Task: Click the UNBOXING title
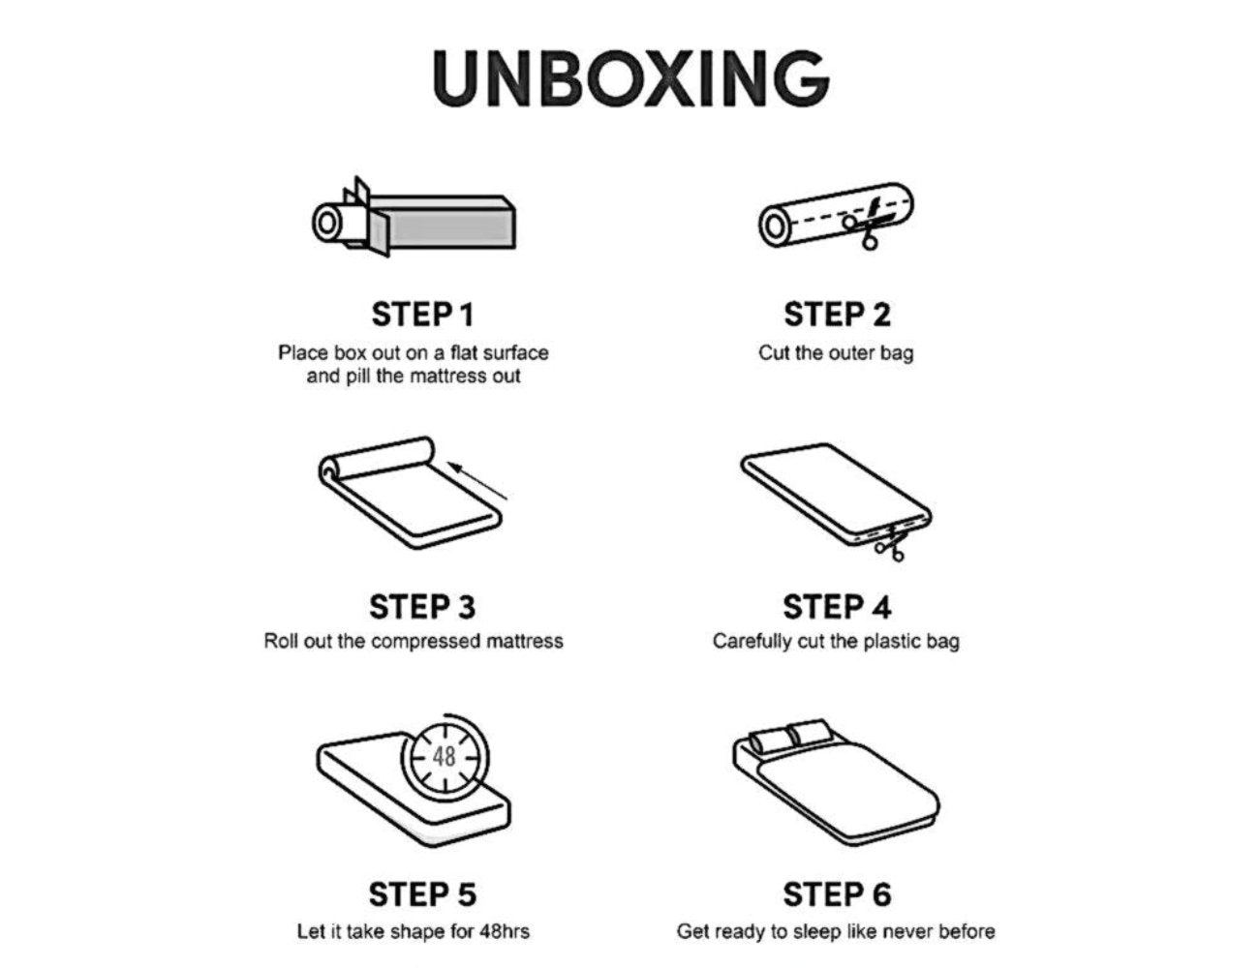tap(630, 77)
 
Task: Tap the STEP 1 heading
tap(423, 315)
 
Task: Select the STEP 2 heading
tap(837, 315)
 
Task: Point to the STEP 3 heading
tap(422, 607)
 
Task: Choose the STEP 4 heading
tap(837, 607)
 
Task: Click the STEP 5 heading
tap(422, 893)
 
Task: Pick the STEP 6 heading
tap(837, 893)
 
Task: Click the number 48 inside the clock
tap(445, 757)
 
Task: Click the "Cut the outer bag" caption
tap(836, 353)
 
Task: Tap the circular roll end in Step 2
tap(775, 226)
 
